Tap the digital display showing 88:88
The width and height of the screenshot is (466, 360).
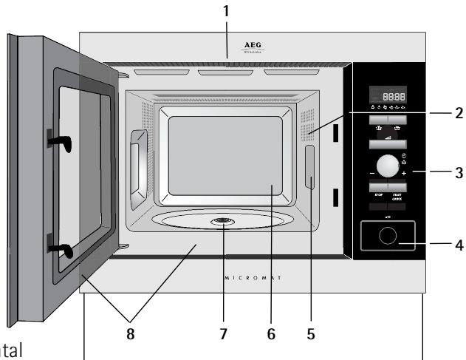(x=389, y=95)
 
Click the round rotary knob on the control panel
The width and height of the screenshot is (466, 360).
(x=386, y=164)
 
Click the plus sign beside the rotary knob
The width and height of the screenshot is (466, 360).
(x=404, y=172)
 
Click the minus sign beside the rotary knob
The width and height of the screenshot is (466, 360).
(x=363, y=173)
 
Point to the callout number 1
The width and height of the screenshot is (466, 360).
(x=227, y=11)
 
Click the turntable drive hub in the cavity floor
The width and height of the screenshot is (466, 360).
(x=221, y=222)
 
